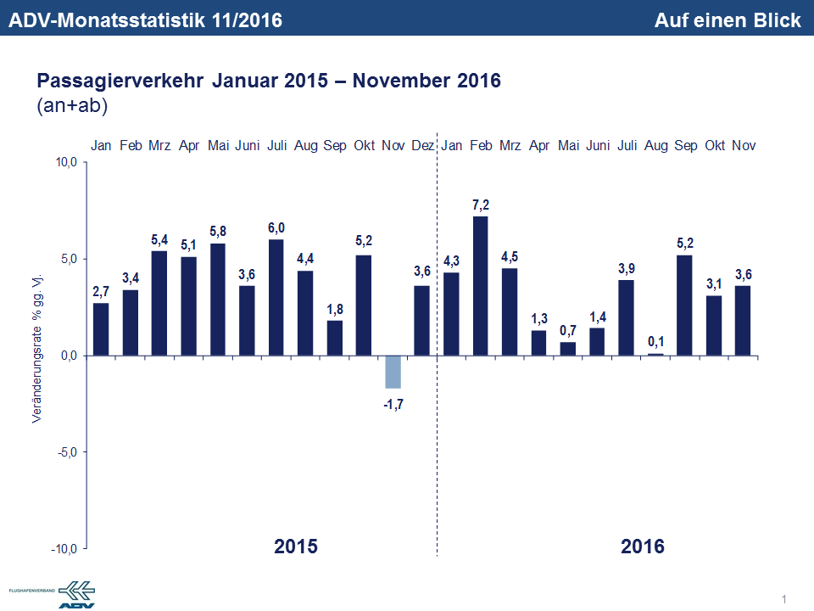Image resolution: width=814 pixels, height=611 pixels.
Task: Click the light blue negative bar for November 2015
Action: click(x=393, y=372)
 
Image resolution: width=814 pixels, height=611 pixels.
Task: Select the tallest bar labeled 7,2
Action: click(x=481, y=285)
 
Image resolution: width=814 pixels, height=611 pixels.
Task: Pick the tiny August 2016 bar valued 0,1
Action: click(x=655, y=354)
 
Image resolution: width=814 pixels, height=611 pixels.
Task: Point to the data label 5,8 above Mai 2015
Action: click(x=218, y=231)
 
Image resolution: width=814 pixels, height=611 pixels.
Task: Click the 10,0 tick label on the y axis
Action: click(x=66, y=162)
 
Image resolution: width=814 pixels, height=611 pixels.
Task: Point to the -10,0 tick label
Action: click(x=64, y=549)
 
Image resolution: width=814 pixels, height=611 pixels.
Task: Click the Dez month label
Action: click(x=422, y=146)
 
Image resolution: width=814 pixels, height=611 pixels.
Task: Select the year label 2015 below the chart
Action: click(x=296, y=546)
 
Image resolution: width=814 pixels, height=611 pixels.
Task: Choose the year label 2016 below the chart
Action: click(x=643, y=546)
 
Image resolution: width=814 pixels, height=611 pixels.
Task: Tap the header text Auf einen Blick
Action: click(x=728, y=20)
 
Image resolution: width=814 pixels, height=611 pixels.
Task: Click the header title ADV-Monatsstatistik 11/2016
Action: click(x=144, y=20)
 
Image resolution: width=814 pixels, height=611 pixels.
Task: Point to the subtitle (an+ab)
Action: click(x=71, y=105)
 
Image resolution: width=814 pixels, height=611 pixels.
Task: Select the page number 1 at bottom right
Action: click(x=783, y=600)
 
